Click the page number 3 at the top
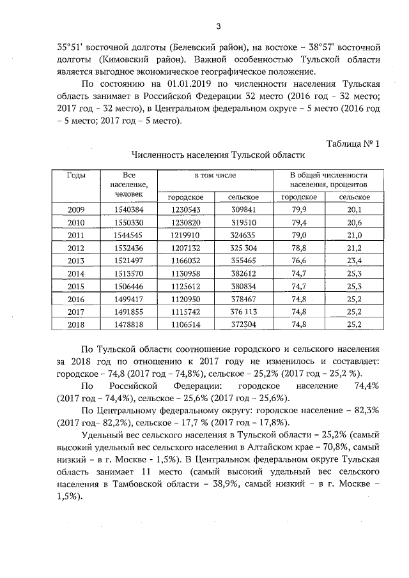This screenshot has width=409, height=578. (x=218, y=26)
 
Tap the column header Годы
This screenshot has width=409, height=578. (x=76, y=175)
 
